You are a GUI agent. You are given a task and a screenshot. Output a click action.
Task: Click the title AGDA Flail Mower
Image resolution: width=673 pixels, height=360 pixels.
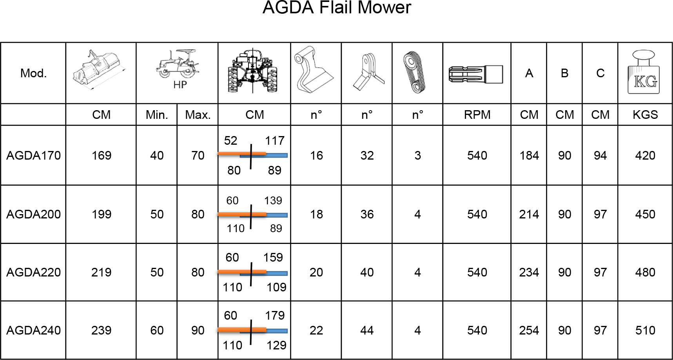(337, 7)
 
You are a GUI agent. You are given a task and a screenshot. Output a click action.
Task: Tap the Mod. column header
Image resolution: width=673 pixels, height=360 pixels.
(33, 73)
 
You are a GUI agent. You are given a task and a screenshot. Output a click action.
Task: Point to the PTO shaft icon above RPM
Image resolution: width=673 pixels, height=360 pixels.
(476, 75)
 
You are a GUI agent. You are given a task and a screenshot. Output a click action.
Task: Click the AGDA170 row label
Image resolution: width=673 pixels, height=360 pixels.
(34, 156)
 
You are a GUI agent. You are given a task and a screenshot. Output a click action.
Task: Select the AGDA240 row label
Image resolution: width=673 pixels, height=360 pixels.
(34, 331)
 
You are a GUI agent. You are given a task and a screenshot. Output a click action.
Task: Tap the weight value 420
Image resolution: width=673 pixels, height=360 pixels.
(645, 156)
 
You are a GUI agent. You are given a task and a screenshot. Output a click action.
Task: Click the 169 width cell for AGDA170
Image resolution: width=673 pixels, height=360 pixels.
(102, 156)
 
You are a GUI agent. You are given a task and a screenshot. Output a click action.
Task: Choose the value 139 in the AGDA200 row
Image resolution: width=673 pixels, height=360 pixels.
(273, 201)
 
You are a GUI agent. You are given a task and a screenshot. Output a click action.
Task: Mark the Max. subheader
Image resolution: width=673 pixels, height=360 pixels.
(198, 115)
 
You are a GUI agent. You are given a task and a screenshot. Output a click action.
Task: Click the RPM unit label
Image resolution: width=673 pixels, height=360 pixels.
(477, 115)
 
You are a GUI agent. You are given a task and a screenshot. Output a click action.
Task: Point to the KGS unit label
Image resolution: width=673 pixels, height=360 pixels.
(645, 115)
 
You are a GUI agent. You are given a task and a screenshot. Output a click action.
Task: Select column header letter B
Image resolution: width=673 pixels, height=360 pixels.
(564, 73)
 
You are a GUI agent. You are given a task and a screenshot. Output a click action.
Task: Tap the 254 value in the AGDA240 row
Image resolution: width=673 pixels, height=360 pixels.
(529, 331)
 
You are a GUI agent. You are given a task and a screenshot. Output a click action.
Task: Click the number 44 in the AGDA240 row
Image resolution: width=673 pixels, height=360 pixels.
(367, 331)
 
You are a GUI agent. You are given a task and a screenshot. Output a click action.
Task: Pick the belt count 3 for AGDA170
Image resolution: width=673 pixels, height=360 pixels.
(418, 156)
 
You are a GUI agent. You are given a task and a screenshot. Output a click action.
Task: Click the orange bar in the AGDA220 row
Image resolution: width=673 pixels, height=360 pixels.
(242, 271)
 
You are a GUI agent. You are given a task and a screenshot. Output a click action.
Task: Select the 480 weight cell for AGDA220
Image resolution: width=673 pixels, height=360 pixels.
(645, 273)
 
